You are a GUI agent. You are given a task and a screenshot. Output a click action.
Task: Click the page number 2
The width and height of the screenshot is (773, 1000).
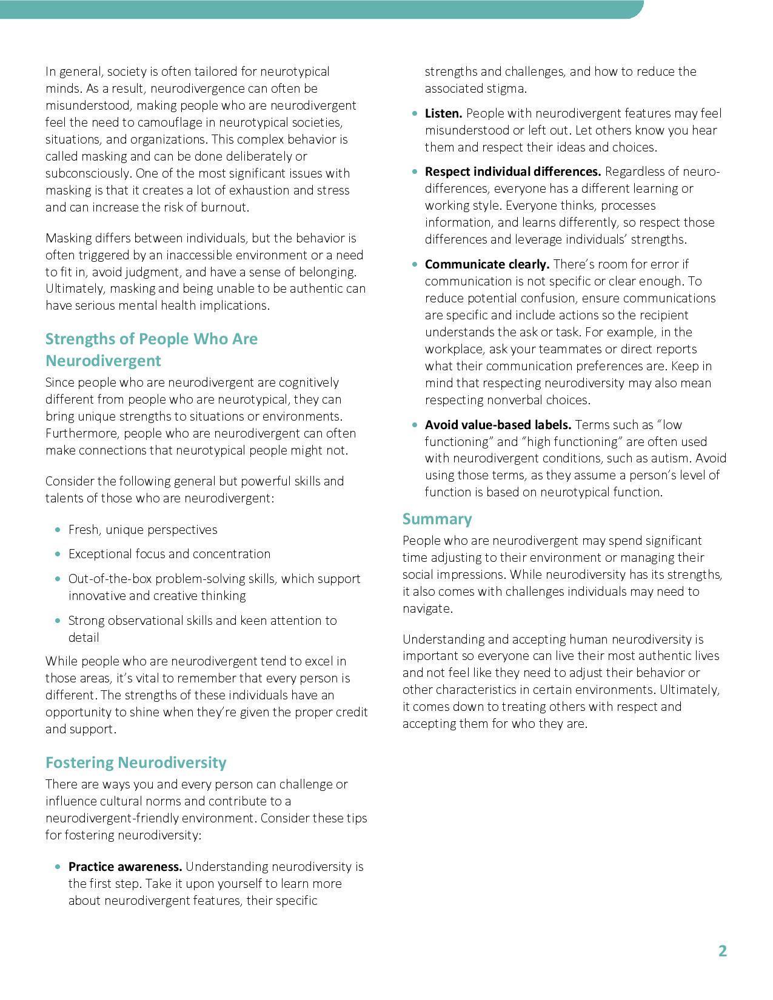[722, 951]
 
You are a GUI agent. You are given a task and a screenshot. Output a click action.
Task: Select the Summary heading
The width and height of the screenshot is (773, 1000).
[437, 519]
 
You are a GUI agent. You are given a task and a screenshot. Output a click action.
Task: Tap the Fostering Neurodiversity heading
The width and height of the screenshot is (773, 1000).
[136, 762]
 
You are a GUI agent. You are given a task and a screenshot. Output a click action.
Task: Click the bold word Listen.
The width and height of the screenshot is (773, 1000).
[443, 113]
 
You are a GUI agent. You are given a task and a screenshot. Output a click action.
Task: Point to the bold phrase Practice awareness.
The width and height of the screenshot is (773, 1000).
[125, 866]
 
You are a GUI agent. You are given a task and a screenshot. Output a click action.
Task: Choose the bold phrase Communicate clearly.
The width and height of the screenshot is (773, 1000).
[487, 264]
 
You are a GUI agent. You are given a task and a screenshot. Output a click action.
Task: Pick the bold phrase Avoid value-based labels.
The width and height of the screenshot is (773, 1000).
[498, 425]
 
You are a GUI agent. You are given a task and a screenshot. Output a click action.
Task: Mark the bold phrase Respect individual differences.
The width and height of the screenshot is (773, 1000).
[513, 172]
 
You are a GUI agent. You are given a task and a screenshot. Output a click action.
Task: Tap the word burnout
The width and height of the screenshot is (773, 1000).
[225, 207]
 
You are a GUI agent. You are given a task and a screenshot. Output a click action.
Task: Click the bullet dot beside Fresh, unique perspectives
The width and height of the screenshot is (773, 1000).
[58, 530]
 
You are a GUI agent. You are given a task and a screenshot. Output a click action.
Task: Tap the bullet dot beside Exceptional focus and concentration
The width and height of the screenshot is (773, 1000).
[58, 554]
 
